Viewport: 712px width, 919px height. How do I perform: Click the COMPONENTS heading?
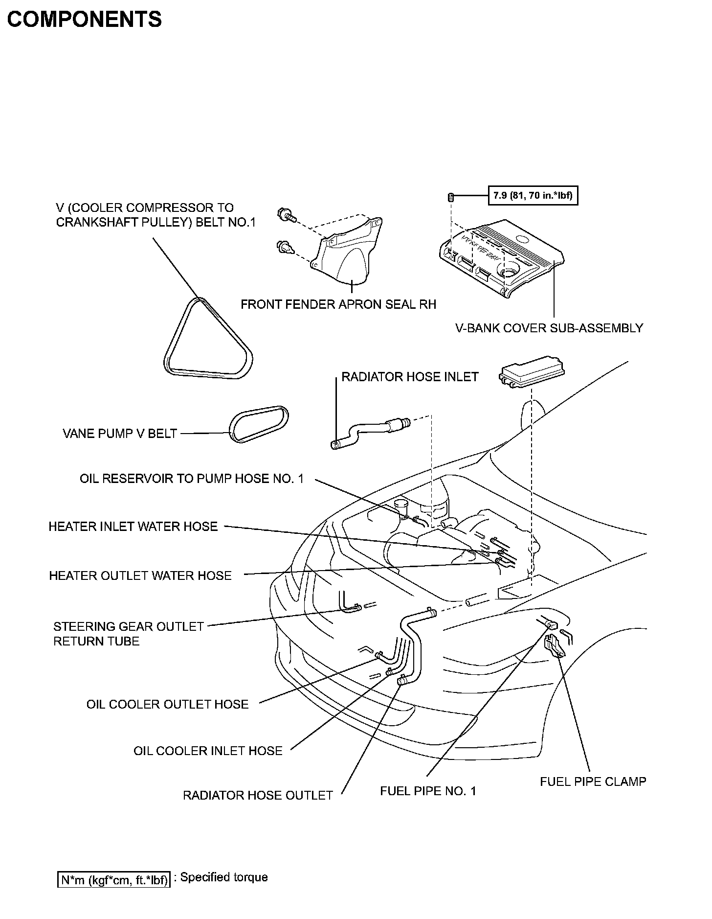[x=84, y=20]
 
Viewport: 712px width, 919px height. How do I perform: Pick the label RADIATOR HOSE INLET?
[x=410, y=377]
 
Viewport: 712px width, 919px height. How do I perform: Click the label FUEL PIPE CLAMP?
[x=593, y=781]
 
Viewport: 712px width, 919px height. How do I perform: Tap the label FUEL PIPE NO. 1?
[x=428, y=791]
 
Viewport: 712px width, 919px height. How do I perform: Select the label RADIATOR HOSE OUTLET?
[x=258, y=795]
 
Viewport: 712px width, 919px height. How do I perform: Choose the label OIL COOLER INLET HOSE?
[x=208, y=751]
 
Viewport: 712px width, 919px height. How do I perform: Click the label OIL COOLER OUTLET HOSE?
[x=167, y=704]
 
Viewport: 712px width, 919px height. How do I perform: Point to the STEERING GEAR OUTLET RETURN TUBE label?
[x=128, y=634]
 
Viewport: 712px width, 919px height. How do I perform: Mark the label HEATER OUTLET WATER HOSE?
[x=140, y=575]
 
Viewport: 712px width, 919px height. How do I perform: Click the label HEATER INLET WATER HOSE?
[x=133, y=527]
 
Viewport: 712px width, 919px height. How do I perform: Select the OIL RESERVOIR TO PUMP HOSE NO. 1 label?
[x=192, y=479]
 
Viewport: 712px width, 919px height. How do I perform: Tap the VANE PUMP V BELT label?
[x=120, y=434]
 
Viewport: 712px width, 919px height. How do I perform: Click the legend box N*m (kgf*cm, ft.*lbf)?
[x=113, y=879]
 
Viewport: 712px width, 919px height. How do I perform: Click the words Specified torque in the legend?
[x=224, y=877]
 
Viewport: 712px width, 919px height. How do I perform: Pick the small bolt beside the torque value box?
[x=451, y=197]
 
